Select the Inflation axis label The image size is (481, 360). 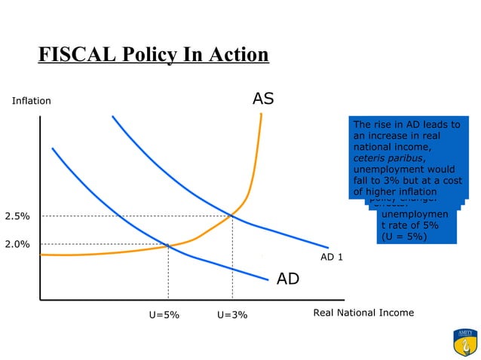(x=31, y=101)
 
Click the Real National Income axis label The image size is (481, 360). (x=363, y=313)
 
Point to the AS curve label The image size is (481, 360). (x=263, y=99)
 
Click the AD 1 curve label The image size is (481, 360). (x=332, y=257)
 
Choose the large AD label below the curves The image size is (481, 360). (x=288, y=279)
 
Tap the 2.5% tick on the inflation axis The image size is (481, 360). (x=17, y=216)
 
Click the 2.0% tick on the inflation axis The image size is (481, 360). (x=17, y=244)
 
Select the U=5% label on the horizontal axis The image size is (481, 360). (x=164, y=315)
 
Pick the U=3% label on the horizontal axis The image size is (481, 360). (x=231, y=315)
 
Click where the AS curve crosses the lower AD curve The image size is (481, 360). (x=167, y=245)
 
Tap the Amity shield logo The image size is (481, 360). (x=464, y=342)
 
